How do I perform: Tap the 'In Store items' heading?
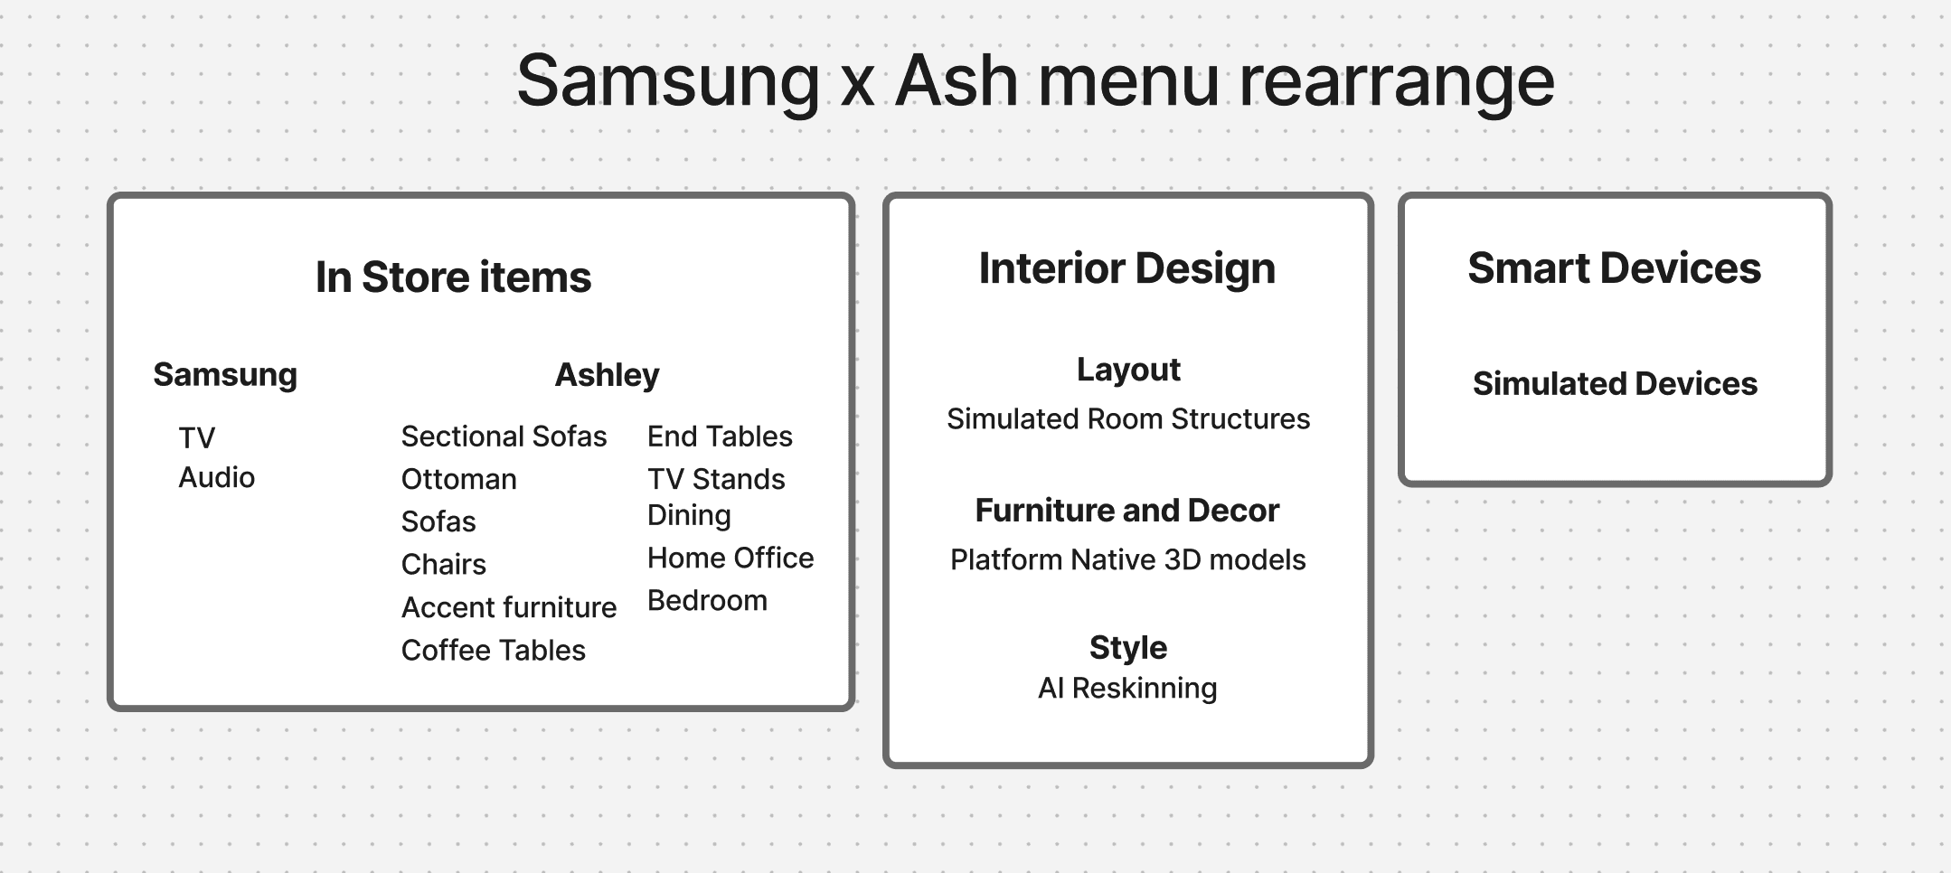pos(453,277)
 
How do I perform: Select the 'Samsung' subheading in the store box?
pos(225,375)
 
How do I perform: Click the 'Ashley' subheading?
pos(607,375)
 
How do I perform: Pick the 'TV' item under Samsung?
pos(197,438)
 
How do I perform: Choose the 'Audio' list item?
pos(217,477)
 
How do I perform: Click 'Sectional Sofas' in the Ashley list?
pos(504,436)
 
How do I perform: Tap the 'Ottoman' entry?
pos(458,479)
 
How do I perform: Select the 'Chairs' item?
pos(443,565)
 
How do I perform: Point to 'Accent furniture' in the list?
pos(509,607)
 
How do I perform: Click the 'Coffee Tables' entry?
pos(493,651)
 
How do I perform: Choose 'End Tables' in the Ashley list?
pos(720,436)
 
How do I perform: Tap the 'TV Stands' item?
pos(716,479)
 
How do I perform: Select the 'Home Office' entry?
pos(730,558)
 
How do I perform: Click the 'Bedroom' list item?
pos(707,601)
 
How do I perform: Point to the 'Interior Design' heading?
pos(1127,268)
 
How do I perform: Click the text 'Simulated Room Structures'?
pos(1128,419)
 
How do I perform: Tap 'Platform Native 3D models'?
pos(1128,560)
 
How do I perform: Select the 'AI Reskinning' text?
pos(1127,689)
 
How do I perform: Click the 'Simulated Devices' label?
pos(1615,384)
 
